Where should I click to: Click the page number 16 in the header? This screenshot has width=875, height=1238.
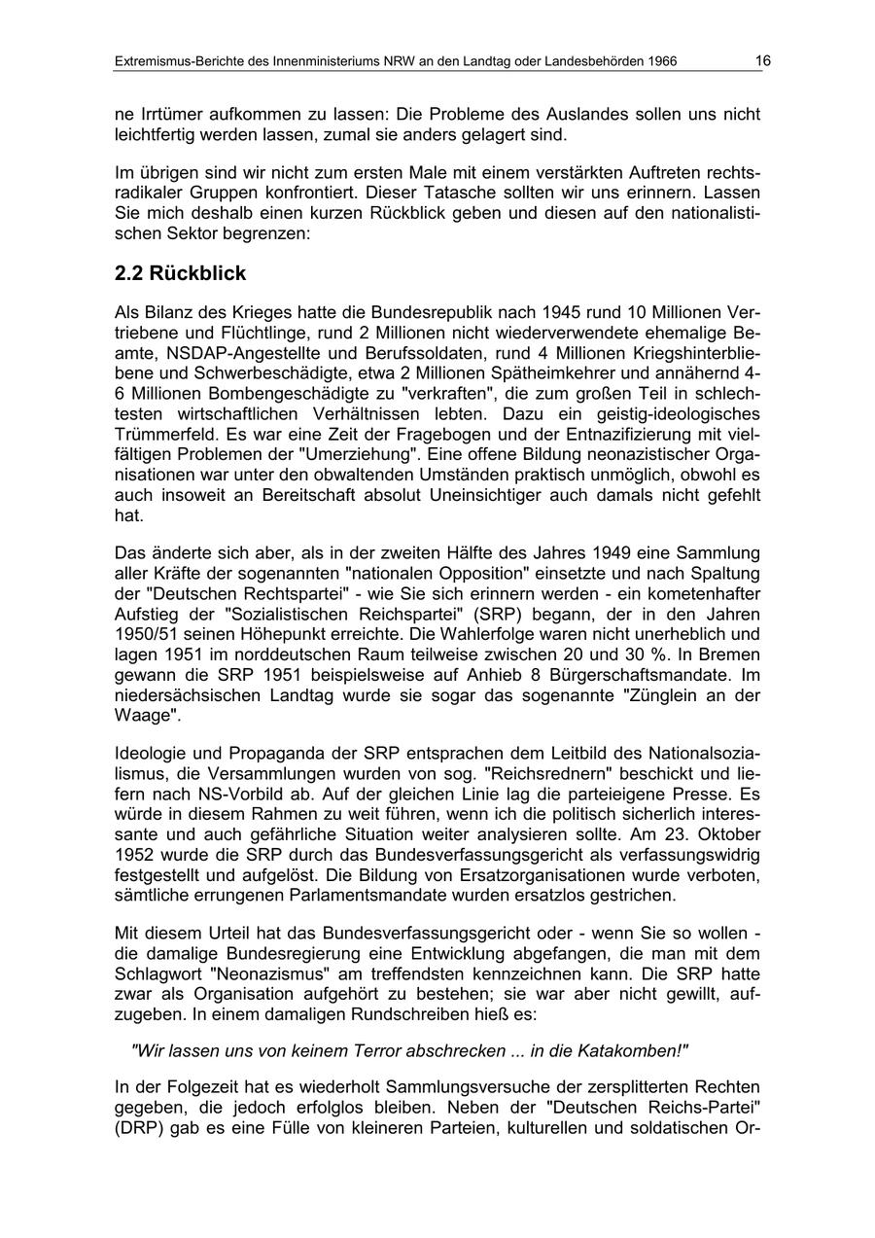click(763, 61)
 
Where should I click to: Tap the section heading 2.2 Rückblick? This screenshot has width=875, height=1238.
click(180, 274)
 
